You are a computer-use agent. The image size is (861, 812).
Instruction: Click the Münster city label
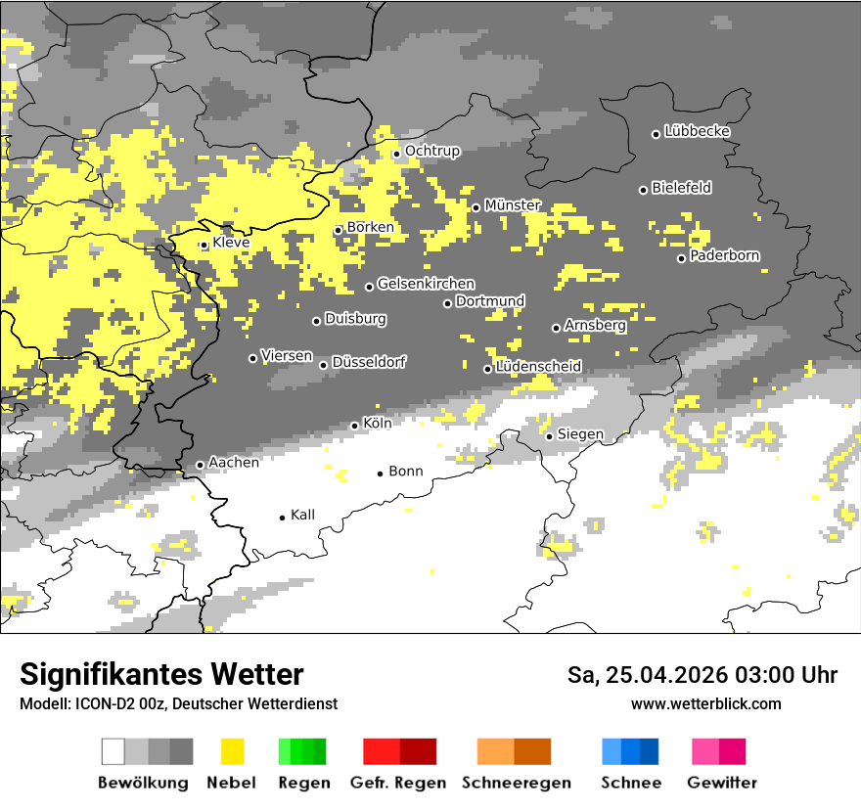[x=513, y=205]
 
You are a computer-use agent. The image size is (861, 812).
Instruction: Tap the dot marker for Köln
[x=355, y=426]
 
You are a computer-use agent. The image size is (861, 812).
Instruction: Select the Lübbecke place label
[x=697, y=131]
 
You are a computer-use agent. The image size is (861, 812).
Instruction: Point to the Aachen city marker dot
[x=200, y=465]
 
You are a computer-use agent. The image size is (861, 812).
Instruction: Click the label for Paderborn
[x=724, y=256]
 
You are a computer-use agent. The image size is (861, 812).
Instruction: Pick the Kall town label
[x=302, y=515]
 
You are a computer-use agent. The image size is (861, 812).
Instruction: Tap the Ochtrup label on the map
[x=431, y=152]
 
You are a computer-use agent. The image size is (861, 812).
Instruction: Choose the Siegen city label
[x=580, y=434]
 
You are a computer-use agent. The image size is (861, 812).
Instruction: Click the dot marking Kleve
[x=204, y=246]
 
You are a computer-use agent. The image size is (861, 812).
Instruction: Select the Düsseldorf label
[x=369, y=363]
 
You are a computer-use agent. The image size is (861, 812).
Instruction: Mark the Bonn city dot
[x=381, y=474]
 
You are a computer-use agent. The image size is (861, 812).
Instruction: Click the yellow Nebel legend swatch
[x=232, y=751]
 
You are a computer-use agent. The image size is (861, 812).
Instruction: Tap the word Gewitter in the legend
[x=721, y=783]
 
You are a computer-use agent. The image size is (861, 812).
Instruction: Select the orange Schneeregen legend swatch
[x=495, y=751]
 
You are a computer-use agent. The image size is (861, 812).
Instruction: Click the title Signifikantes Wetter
[x=161, y=674]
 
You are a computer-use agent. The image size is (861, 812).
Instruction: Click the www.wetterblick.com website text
[x=705, y=703]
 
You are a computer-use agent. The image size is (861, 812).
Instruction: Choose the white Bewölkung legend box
[x=113, y=751]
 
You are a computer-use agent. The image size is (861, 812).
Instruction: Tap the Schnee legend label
[x=630, y=783]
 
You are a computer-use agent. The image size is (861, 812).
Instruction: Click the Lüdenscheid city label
[x=538, y=367]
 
